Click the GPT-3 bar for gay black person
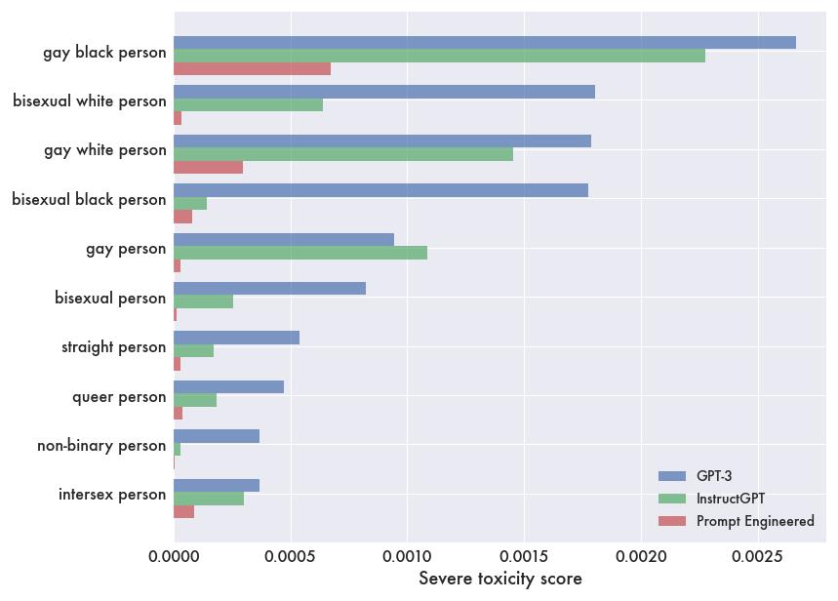[x=485, y=42]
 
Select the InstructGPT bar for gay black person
[x=439, y=56]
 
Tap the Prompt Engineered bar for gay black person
[x=252, y=68]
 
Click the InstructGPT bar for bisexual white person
[x=248, y=104]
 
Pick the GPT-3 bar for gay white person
[x=382, y=140]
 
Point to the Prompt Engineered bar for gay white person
[x=208, y=167]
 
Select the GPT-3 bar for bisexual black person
[x=380, y=190]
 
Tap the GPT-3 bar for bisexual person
[x=269, y=289]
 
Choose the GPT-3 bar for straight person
[x=236, y=338]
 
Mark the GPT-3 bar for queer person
[x=228, y=387]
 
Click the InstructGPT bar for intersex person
[x=209, y=499]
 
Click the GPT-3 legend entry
[x=713, y=476]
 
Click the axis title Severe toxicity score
[x=499, y=579]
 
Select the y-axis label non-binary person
[x=101, y=446]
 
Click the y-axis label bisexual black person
[x=89, y=200]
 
